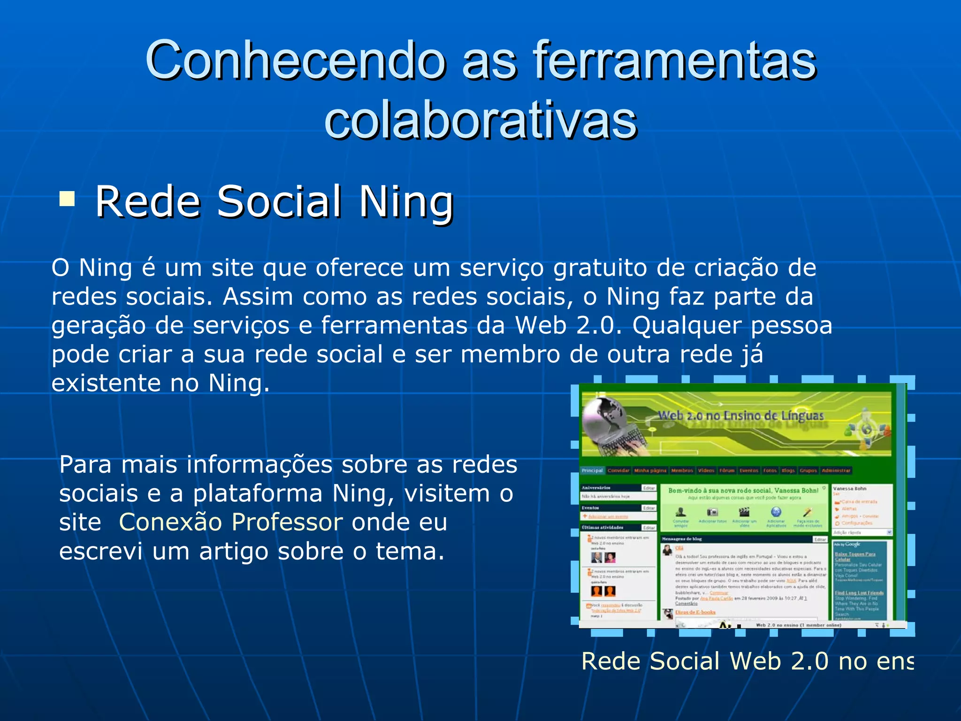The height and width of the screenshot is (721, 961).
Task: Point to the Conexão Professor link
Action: tap(231, 522)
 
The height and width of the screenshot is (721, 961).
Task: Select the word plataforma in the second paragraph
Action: tap(258, 493)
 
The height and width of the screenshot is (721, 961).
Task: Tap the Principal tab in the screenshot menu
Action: tap(592, 470)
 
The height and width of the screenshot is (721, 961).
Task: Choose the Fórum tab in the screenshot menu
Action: tap(727, 470)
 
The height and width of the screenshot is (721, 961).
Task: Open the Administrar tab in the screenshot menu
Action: tap(836, 470)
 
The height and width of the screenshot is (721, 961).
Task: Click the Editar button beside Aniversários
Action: tap(649, 488)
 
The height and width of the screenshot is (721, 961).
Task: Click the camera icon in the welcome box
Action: tap(712, 512)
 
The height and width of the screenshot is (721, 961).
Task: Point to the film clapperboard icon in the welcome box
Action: tap(744, 512)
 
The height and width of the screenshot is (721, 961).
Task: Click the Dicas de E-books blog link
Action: tap(695, 612)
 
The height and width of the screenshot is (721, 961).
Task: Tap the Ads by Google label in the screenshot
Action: tap(847, 545)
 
